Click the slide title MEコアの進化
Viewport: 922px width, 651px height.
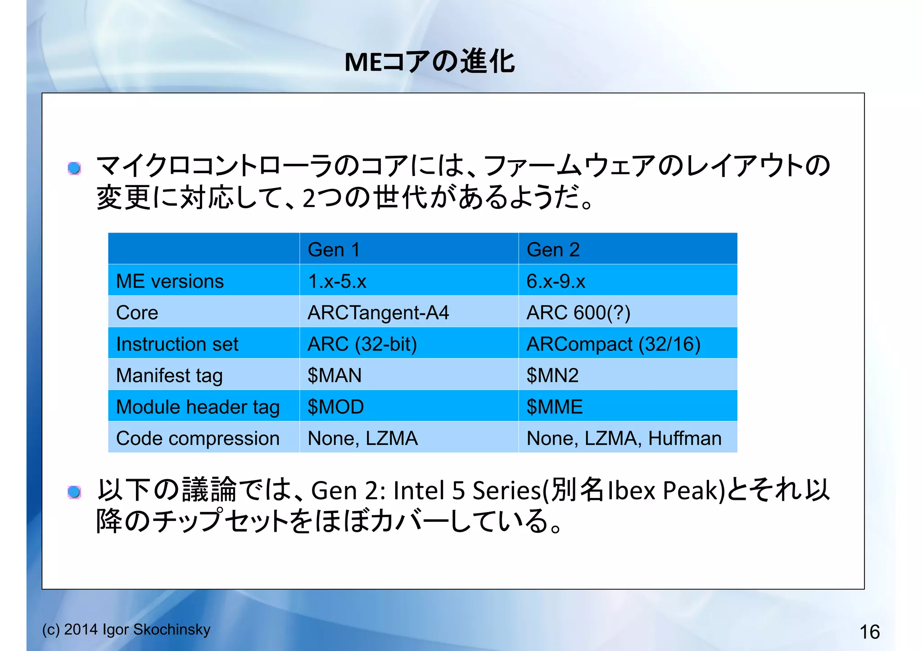[429, 62]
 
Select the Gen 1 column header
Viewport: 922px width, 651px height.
[334, 250]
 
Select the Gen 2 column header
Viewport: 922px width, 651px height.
[553, 250]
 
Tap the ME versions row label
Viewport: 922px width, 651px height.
[170, 281]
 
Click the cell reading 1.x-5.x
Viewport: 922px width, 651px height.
[337, 281]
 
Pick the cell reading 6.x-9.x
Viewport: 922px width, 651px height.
[556, 281]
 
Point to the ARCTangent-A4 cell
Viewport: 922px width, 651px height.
[378, 313]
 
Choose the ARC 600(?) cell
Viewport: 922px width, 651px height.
[578, 313]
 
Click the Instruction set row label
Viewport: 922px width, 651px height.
[177, 344]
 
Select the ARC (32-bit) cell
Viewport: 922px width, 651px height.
[362, 344]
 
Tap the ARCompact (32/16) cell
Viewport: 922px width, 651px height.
[613, 344]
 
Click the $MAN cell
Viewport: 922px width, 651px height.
[334, 376]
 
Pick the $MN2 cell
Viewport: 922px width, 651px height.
[552, 376]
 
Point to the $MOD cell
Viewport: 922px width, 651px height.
[335, 407]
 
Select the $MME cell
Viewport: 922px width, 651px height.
[554, 407]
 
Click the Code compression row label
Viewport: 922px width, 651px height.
[198, 439]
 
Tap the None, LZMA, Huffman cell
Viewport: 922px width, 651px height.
[624, 439]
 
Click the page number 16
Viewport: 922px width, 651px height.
[869, 632]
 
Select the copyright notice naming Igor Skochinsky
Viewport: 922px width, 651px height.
[126, 629]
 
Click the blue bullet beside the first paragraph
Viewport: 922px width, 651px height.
[74, 169]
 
